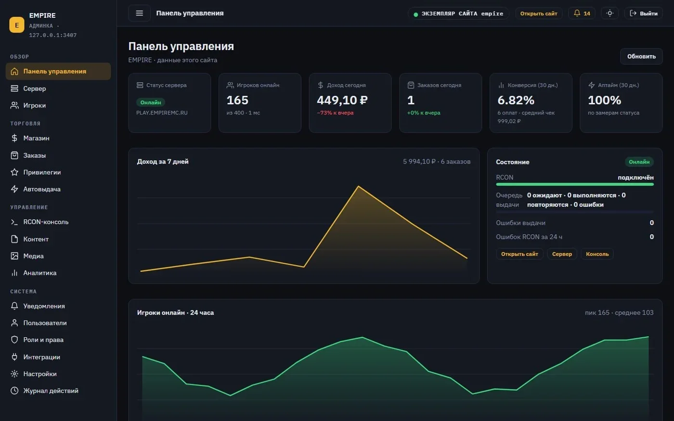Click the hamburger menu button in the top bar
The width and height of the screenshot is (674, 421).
tap(139, 13)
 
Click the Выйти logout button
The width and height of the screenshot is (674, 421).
tap(643, 13)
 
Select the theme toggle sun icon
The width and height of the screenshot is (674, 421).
tap(609, 13)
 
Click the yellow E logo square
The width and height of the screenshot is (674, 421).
tap(17, 25)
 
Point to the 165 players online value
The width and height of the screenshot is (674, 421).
tap(237, 100)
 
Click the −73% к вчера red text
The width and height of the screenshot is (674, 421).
tap(335, 113)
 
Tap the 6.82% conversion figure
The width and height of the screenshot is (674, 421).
tap(516, 100)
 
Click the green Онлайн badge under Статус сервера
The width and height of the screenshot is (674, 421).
tap(150, 102)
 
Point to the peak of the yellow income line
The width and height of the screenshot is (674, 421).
tap(358, 187)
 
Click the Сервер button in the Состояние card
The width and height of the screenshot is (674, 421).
tap(562, 254)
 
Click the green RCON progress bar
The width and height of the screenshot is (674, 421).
tap(575, 184)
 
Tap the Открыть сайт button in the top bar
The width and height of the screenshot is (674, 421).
tap(539, 13)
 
